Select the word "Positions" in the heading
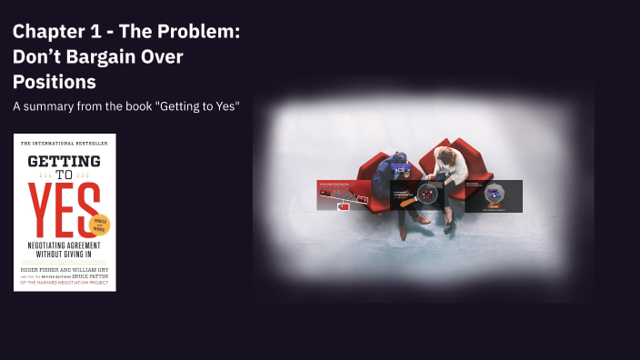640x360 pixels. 55,82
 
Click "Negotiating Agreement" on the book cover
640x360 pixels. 64,248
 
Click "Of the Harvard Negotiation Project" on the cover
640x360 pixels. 64,283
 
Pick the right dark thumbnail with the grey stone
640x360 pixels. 494,195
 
